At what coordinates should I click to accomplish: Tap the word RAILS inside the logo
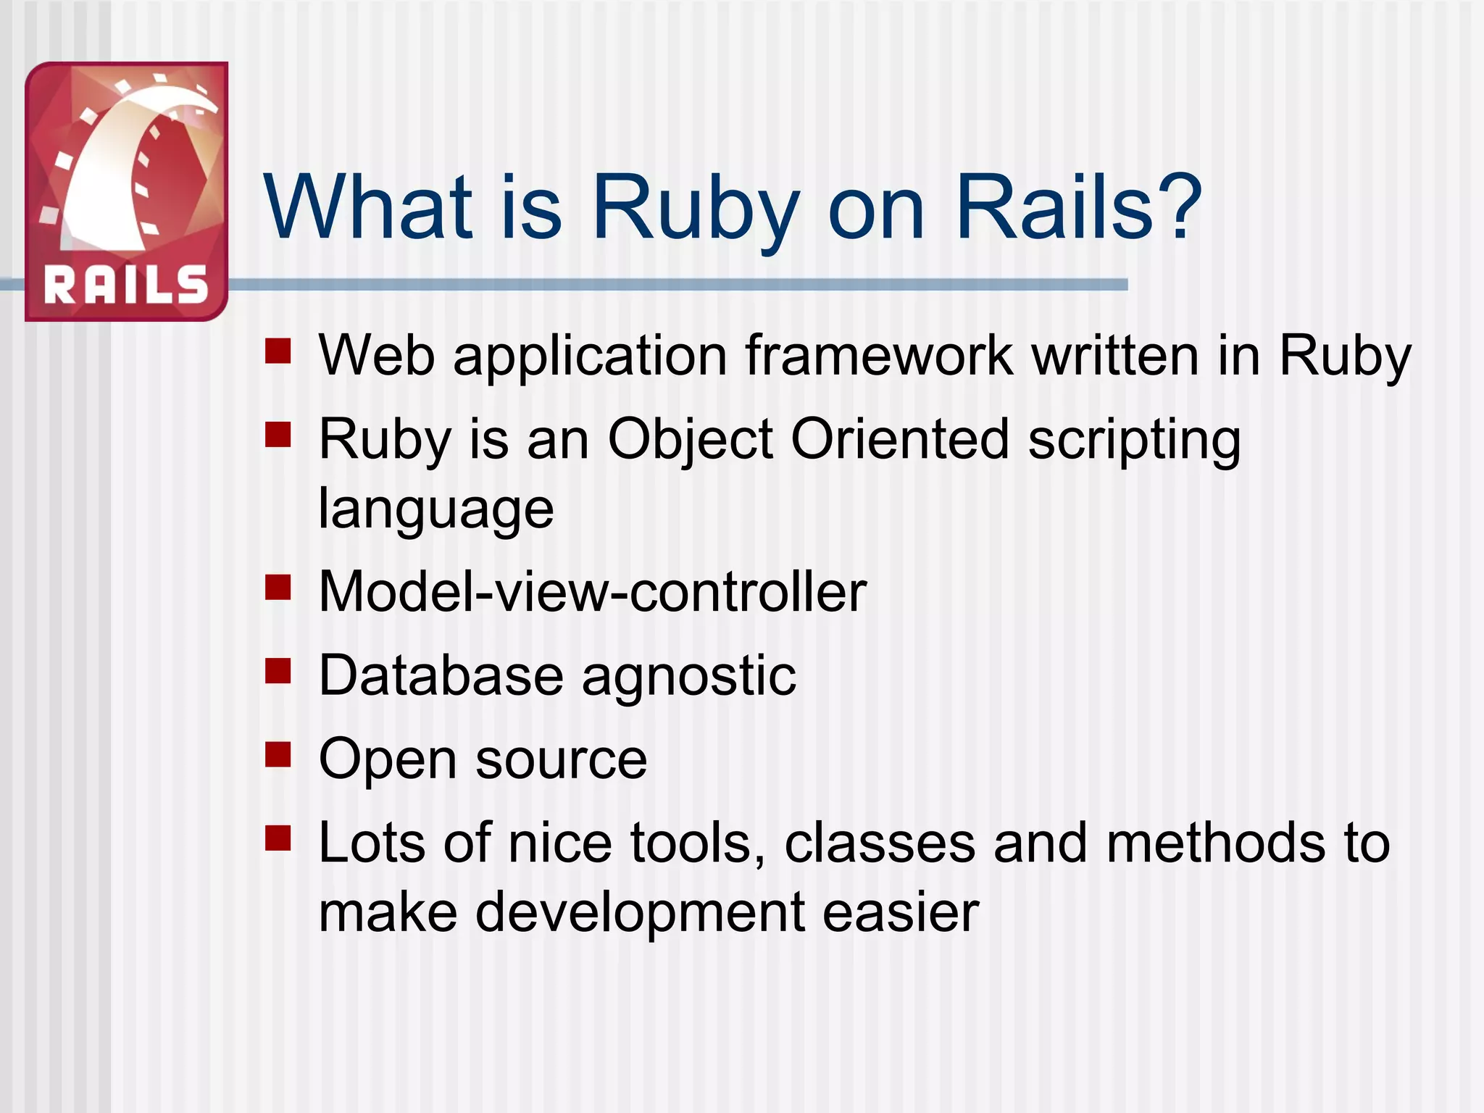(126, 284)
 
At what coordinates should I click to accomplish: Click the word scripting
(1134, 441)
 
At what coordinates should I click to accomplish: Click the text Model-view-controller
(592, 592)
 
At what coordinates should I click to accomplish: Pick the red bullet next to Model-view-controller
(278, 588)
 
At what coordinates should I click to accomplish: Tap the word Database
(441, 675)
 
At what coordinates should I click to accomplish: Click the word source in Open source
(561, 759)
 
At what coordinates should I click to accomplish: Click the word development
(640, 913)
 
